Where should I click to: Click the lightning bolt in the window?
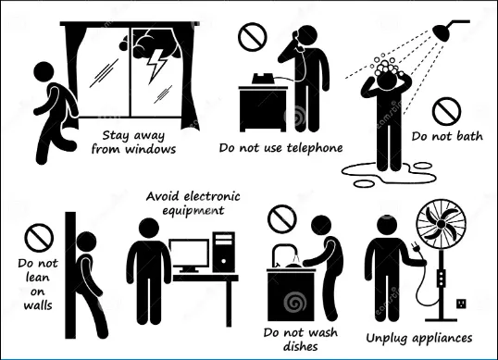click(156, 66)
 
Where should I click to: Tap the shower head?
click(442, 31)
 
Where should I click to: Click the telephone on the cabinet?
click(263, 79)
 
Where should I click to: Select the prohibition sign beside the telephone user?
click(253, 37)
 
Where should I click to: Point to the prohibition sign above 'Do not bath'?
click(446, 111)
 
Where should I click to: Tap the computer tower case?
click(224, 252)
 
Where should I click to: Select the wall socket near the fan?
click(462, 304)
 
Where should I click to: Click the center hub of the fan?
click(442, 224)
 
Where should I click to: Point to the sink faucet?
click(283, 253)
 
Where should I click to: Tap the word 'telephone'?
click(315, 148)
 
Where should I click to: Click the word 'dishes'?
click(300, 346)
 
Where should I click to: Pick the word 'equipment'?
click(193, 211)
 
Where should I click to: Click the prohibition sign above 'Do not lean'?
click(39, 238)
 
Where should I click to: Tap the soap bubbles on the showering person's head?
click(385, 66)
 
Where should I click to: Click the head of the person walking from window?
click(44, 72)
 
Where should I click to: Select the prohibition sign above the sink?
click(282, 219)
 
